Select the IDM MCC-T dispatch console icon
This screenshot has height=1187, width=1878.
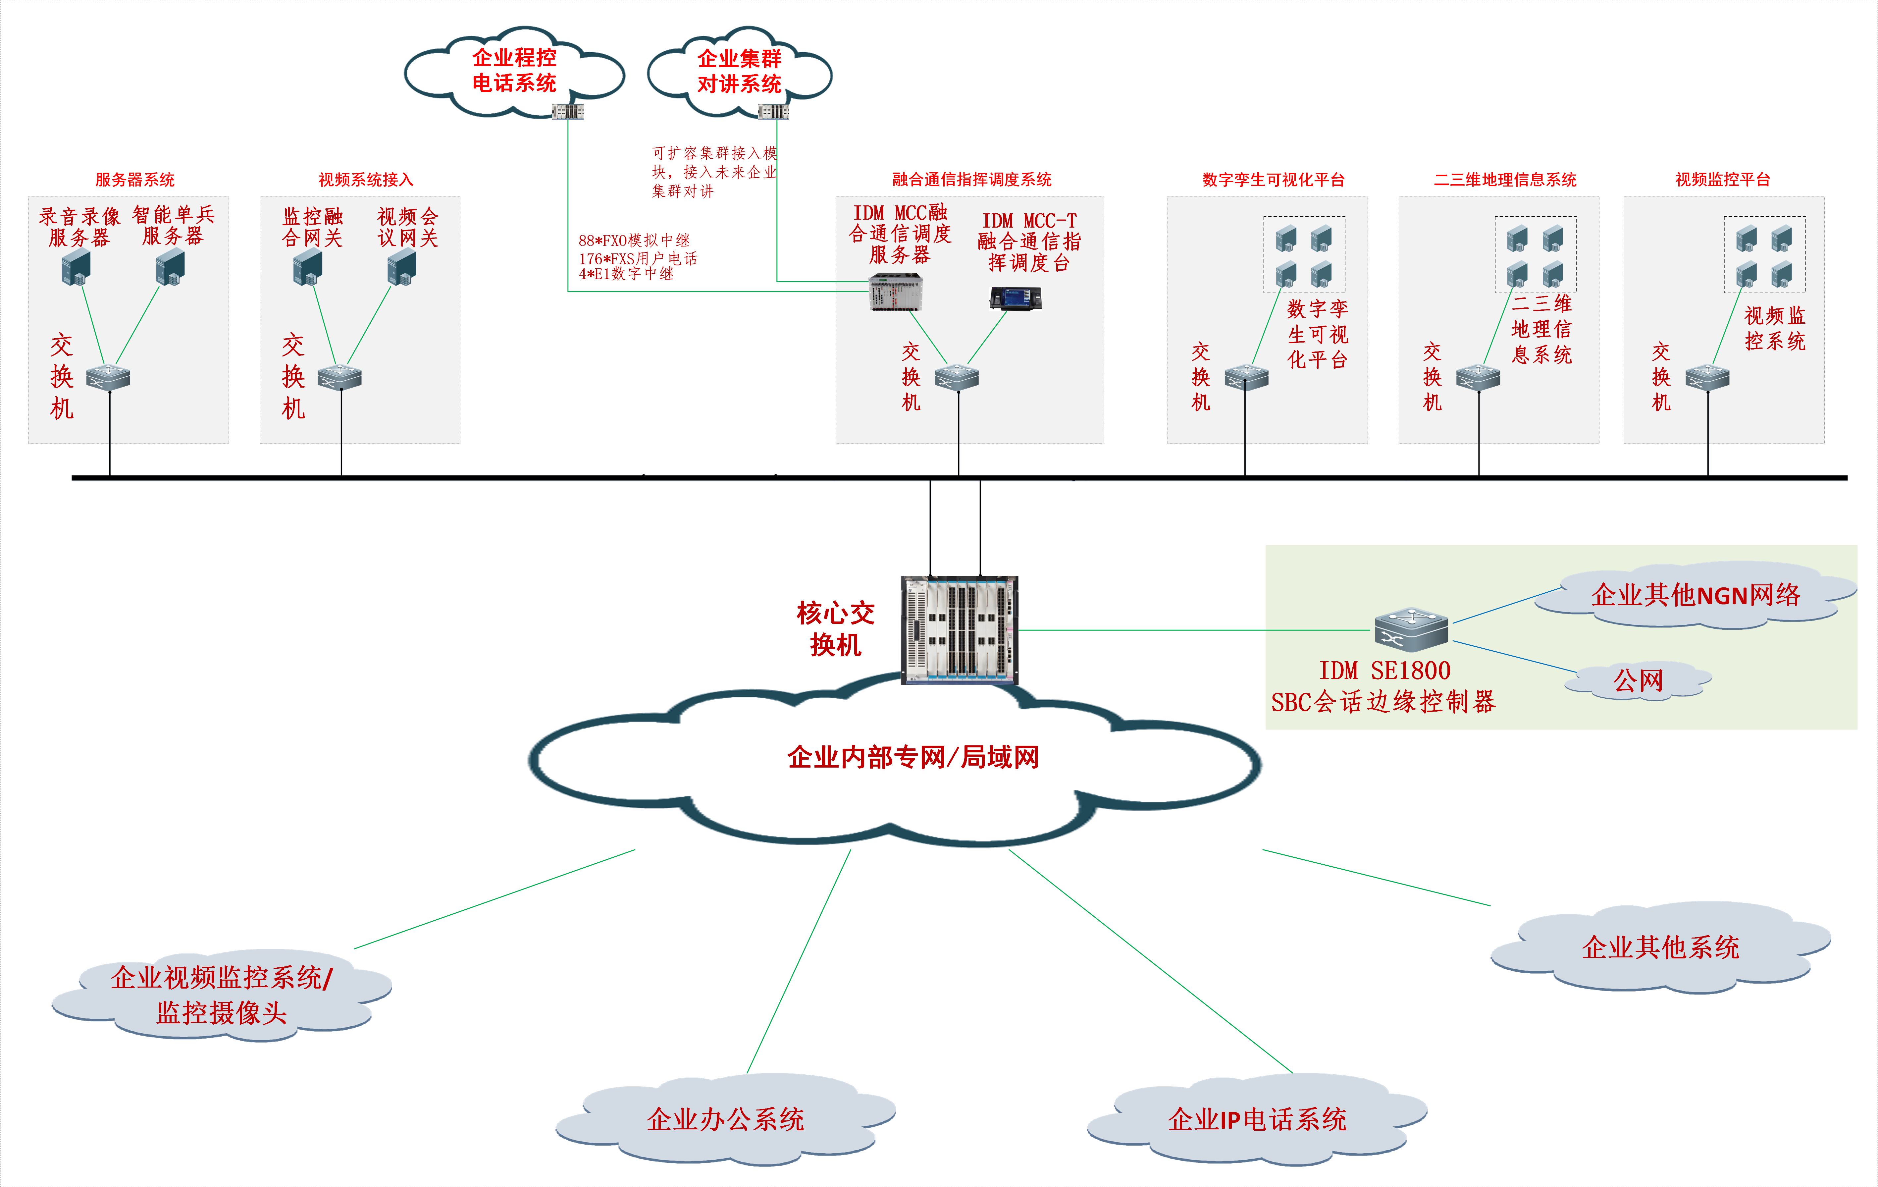pos(1016,298)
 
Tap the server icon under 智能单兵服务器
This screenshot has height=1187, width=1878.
pos(170,267)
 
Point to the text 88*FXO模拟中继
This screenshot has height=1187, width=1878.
pos(634,240)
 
